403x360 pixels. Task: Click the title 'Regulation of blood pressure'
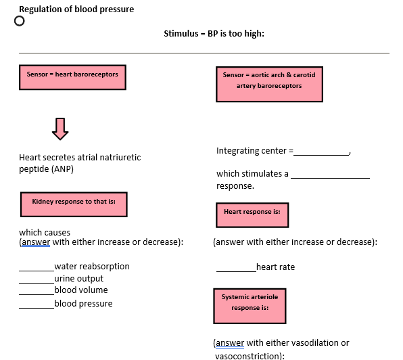click(x=76, y=9)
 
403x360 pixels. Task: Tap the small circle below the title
click(x=20, y=21)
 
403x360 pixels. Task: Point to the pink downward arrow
click(x=60, y=127)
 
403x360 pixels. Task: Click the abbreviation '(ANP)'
click(x=62, y=169)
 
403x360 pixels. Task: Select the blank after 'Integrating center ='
click(x=322, y=152)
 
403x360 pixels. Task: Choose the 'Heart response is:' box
click(x=252, y=215)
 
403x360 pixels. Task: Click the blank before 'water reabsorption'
click(x=37, y=268)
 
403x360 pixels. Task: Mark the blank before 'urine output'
click(x=37, y=280)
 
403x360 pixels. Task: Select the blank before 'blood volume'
click(x=37, y=292)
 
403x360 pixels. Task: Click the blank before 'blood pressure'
click(x=37, y=306)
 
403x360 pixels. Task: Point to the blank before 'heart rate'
click(x=236, y=269)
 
